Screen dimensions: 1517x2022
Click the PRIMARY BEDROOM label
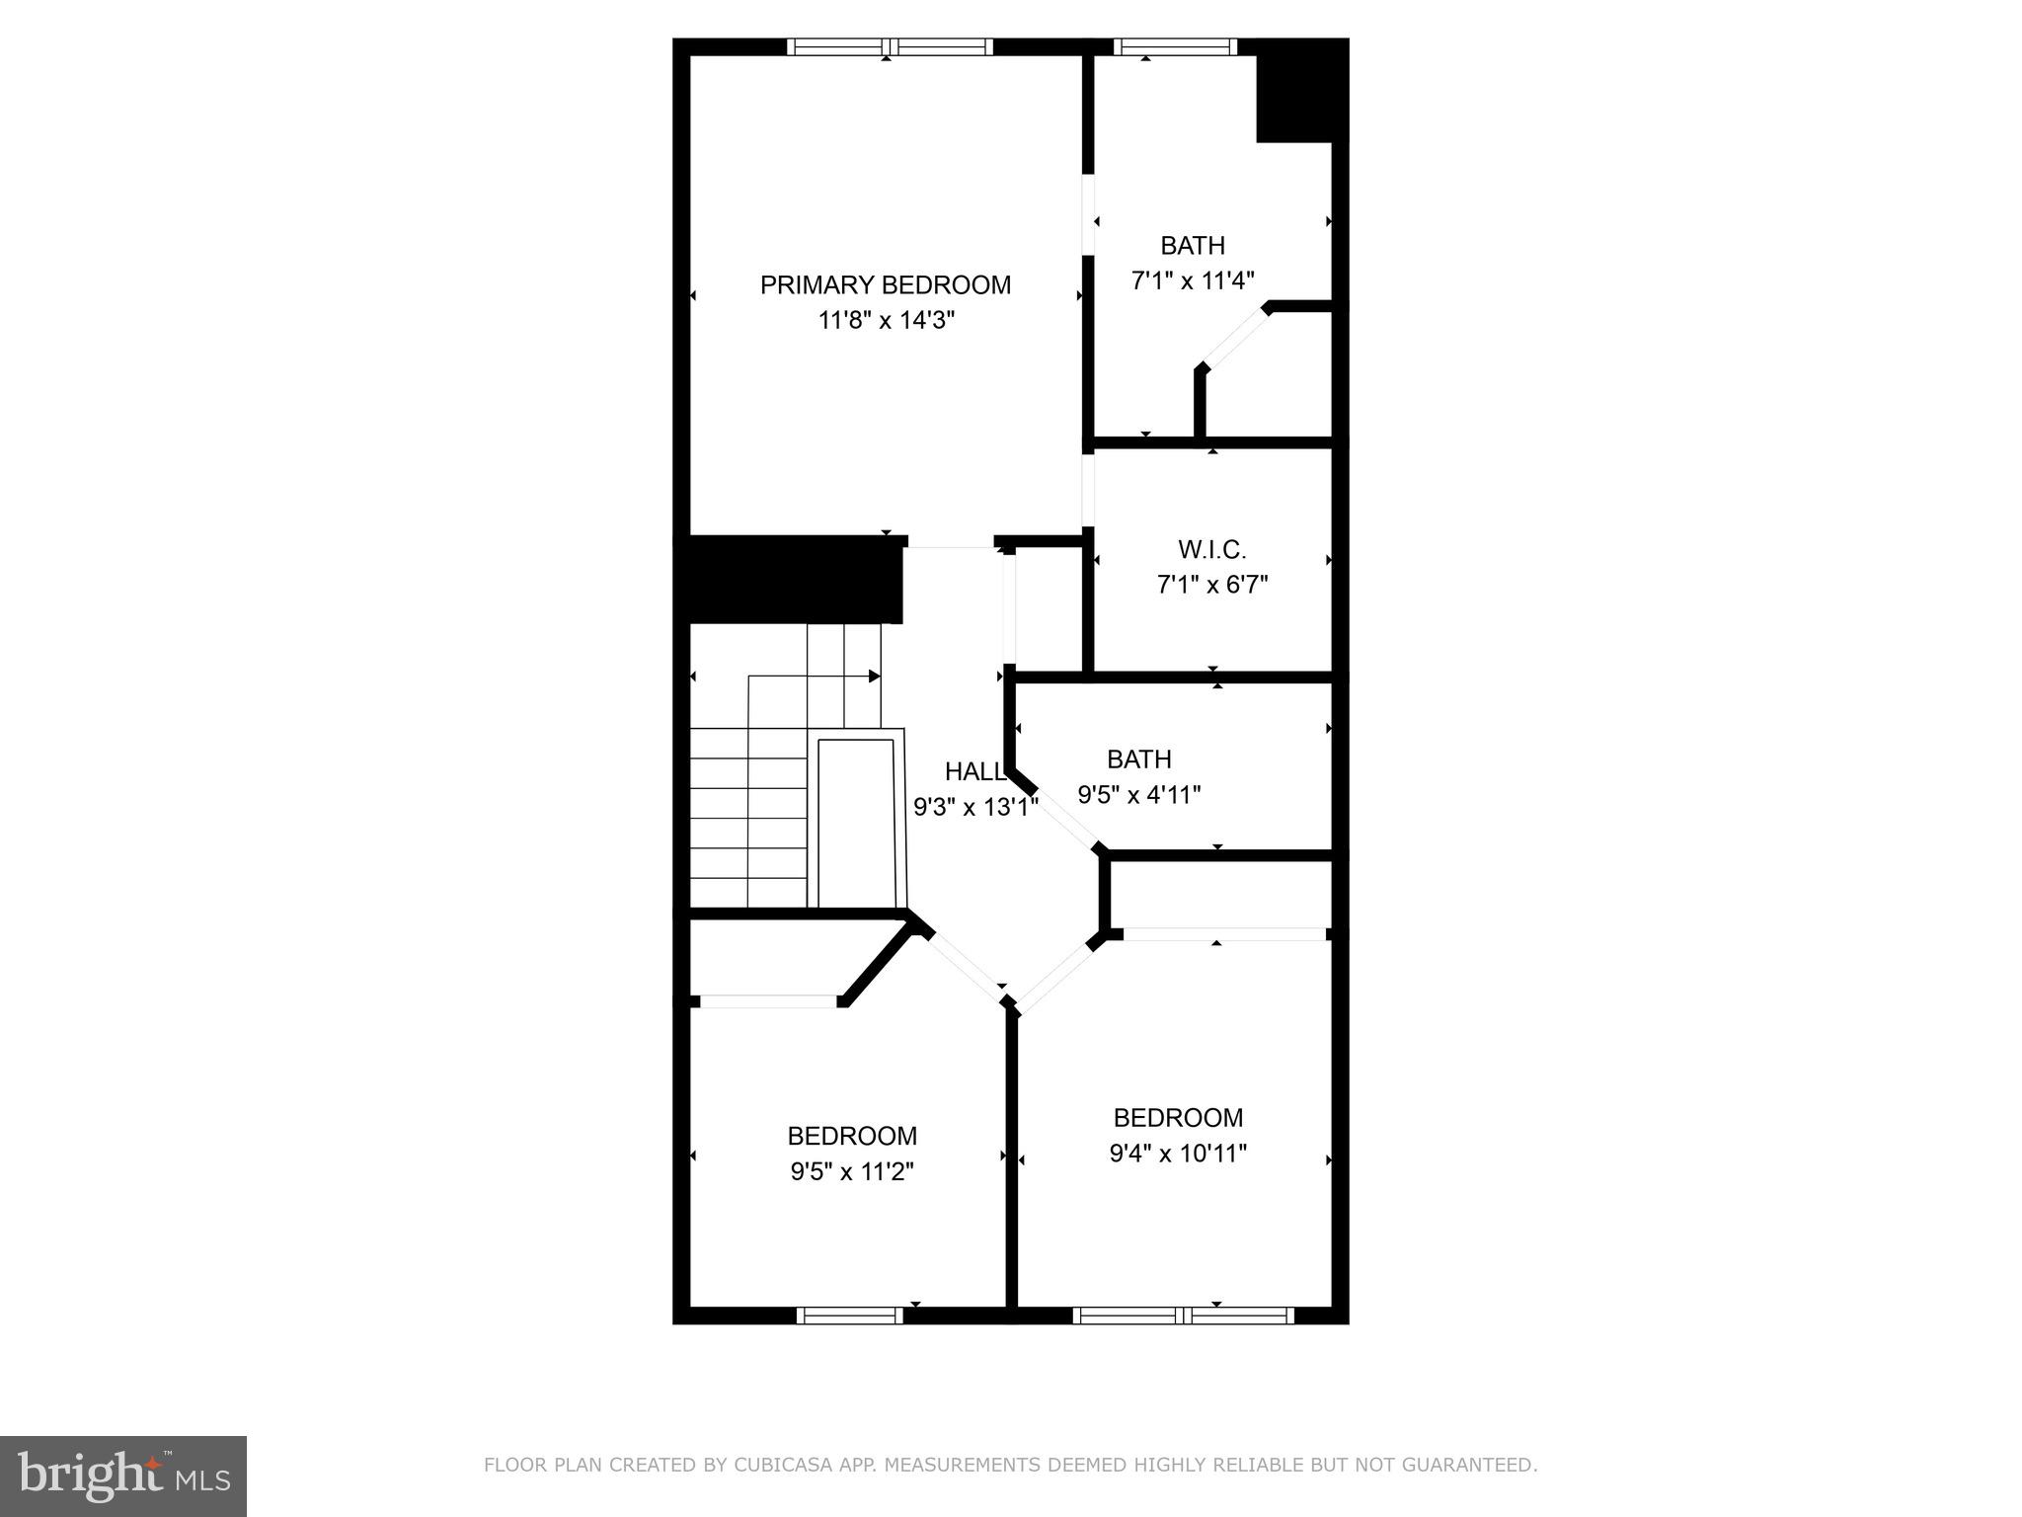coord(886,285)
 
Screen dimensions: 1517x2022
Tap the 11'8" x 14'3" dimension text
coord(886,321)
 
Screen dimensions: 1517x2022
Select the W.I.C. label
coord(1211,550)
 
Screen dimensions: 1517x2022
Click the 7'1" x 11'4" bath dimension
coord(1192,281)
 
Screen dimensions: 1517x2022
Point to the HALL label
coord(973,772)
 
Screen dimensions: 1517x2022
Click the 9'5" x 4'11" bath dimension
coord(1138,795)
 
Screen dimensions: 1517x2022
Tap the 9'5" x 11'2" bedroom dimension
coord(851,1172)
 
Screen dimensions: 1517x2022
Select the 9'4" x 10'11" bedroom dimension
coord(1178,1154)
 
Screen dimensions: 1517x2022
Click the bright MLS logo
coord(122,1476)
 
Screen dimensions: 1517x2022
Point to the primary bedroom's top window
coord(890,46)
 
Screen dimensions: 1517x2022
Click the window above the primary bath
coord(1175,46)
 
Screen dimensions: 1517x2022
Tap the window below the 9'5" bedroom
coord(849,1316)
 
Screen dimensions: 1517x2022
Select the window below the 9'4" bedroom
coord(1183,1316)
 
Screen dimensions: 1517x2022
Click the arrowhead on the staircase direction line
coord(874,677)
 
